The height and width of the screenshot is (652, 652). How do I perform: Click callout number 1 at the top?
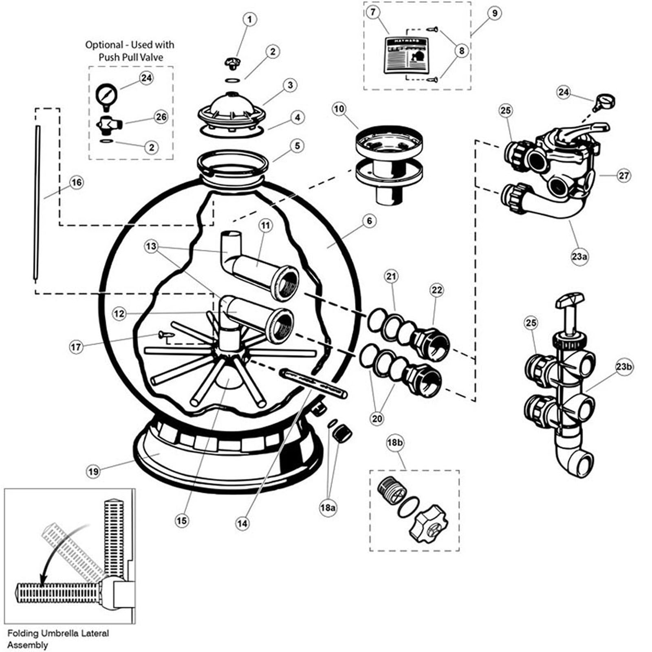pos(249,19)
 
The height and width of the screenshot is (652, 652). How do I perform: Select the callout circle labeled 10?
pos(339,109)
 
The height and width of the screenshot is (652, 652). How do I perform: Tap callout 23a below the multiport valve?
pos(579,257)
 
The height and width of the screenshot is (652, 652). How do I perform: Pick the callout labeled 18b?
pos(394,443)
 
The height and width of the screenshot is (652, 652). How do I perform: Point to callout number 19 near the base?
pos(93,471)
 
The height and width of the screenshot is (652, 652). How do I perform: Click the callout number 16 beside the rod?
pos(77,182)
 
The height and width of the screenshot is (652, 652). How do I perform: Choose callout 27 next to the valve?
pos(623,176)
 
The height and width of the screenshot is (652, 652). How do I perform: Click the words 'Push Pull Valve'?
pos(130,57)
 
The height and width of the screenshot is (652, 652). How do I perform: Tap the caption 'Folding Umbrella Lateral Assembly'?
pos(58,639)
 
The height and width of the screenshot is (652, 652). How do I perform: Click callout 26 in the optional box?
pos(161,117)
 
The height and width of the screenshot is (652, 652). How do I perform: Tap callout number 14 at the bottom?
pos(242,523)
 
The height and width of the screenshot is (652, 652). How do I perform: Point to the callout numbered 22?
pos(436,290)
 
